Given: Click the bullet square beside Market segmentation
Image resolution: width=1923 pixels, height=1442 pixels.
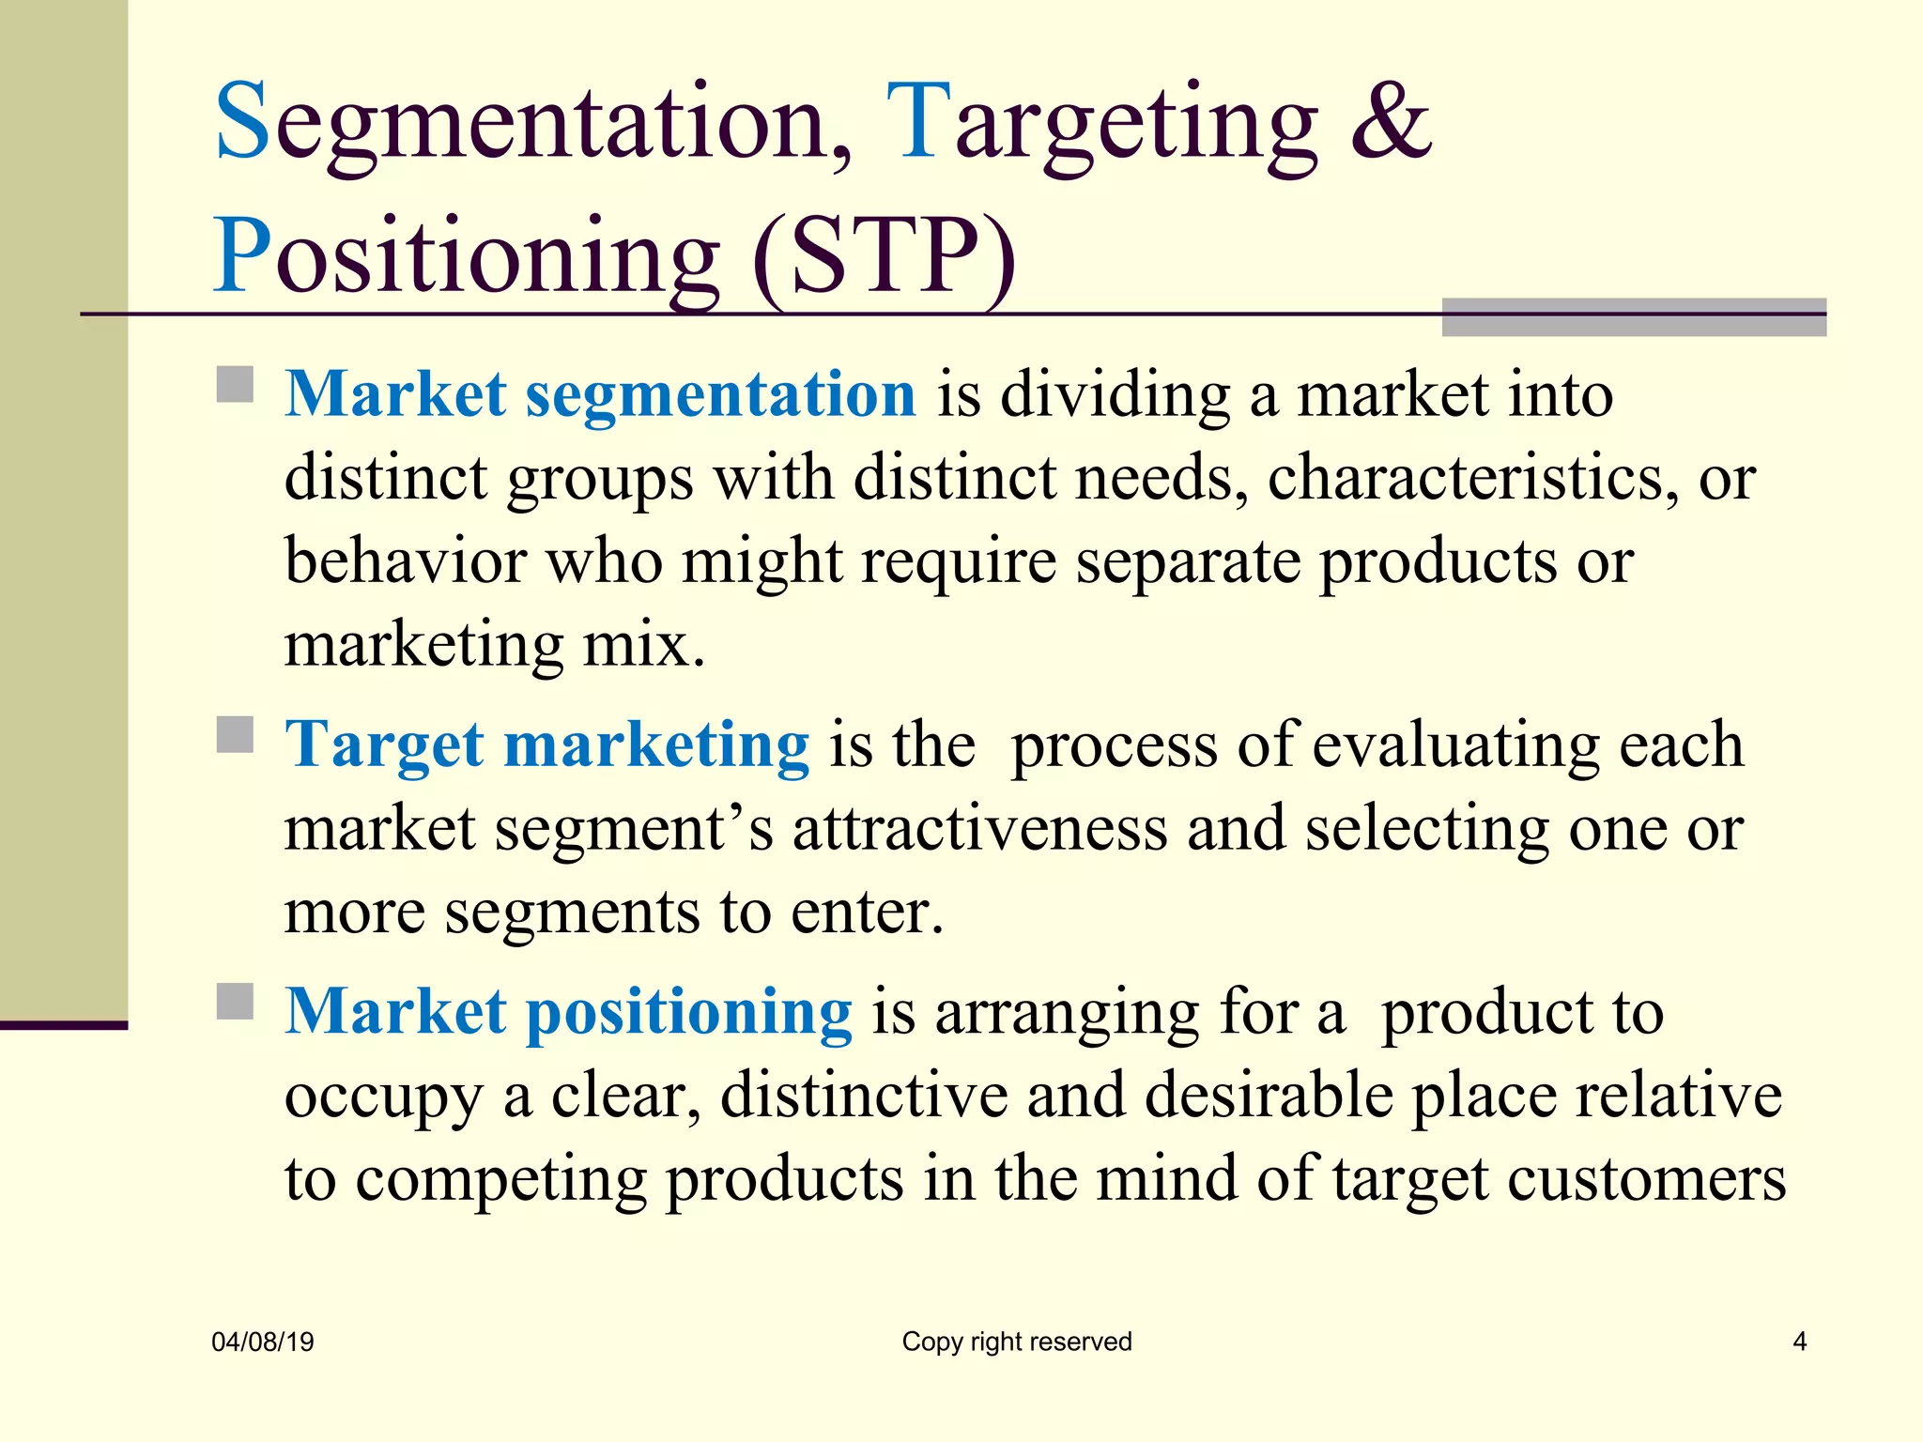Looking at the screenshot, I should [235, 384].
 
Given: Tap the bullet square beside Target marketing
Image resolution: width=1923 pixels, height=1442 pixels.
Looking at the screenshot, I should [235, 735].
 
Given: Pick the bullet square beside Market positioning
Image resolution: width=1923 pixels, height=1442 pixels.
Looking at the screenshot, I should [235, 1001].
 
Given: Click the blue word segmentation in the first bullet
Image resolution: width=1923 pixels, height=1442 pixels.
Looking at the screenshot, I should [720, 394].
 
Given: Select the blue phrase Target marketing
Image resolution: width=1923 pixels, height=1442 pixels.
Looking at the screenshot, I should [546, 744].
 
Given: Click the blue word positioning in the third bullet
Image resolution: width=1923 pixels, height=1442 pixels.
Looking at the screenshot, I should [689, 1012].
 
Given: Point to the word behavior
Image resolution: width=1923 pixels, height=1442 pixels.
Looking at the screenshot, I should [406, 560].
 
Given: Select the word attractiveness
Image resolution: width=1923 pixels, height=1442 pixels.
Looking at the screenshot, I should [979, 828].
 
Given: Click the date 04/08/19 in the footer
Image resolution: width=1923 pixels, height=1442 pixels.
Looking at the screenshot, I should [263, 1342].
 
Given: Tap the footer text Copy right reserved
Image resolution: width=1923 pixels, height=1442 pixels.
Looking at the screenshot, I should [1017, 1342].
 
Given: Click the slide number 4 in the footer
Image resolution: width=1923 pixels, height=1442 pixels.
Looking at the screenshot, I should [1799, 1342].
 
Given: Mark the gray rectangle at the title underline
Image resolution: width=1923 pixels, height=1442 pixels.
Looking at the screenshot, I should [1634, 317].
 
